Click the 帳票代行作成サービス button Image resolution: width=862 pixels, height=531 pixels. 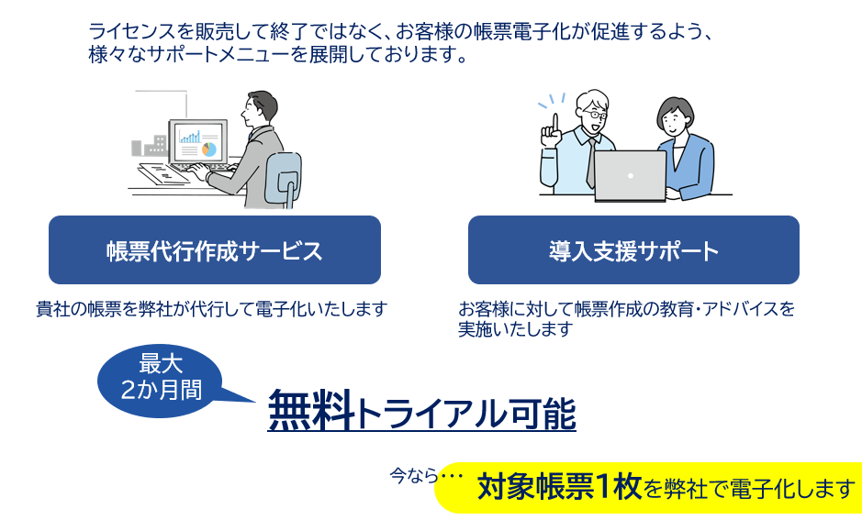[215, 249]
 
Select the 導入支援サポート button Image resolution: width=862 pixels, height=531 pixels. [633, 249]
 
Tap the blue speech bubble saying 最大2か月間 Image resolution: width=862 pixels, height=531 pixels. [161, 380]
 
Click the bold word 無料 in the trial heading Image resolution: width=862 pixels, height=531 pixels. [312, 411]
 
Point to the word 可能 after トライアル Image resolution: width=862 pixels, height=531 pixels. [543, 413]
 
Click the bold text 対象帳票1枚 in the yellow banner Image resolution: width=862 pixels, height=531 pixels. [559, 487]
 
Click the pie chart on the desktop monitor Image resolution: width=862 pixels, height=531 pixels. [209, 149]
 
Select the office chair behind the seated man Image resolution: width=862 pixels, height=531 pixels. [283, 179]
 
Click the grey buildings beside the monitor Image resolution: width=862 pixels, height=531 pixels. [150, 146]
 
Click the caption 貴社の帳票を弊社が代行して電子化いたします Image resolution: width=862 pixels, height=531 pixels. [212, 309]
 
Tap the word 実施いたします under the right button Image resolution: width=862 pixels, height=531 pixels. [516, 329]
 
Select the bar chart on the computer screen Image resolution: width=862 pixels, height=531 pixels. [190, 136]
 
